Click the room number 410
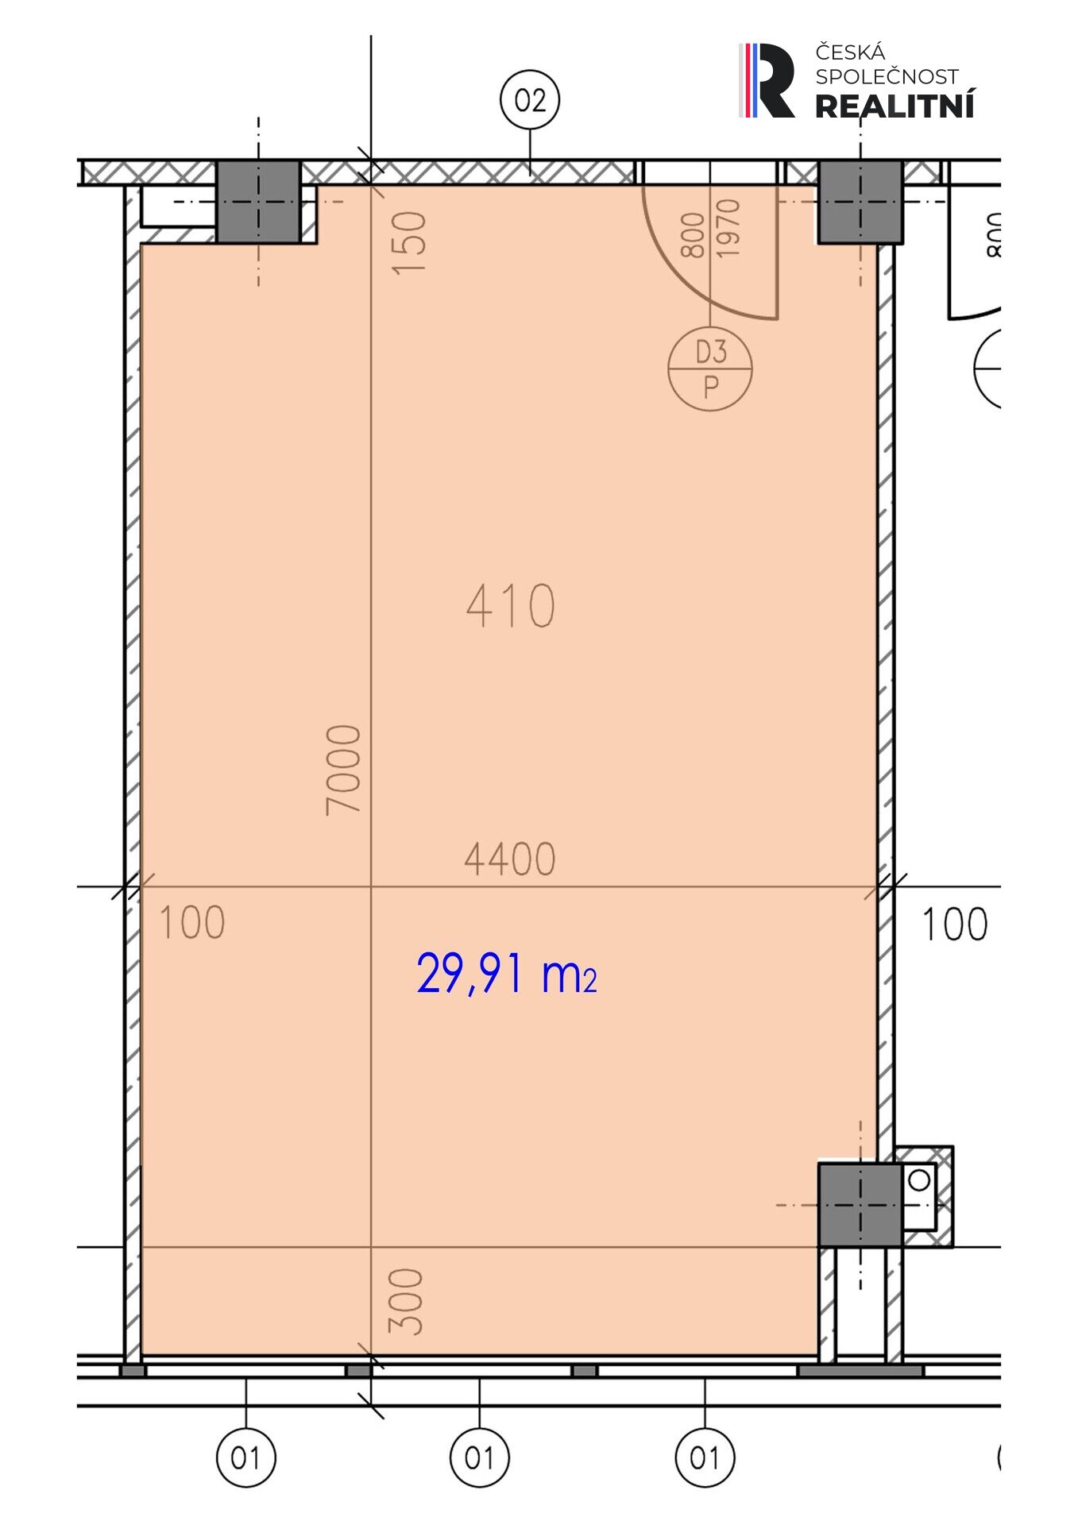point(510,606)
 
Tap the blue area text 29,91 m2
point(506,974)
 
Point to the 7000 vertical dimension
point(344,770)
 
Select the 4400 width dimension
point(509,859)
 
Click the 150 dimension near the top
point(410,242)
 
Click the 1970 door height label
point(728,228)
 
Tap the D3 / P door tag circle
point(710,369)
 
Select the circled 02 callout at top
point(530,101)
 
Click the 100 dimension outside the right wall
point(954,925)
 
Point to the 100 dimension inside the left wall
point(192,923)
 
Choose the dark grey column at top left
point(258,202)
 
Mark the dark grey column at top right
point(860,202)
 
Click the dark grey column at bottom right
point(860,1205)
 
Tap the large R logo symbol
point(767,80)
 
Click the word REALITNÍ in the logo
point(895,105)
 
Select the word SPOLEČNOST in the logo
point(887,76)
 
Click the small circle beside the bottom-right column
point(919,1180)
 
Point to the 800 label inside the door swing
point(693,235)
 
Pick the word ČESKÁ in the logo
point(850,52)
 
